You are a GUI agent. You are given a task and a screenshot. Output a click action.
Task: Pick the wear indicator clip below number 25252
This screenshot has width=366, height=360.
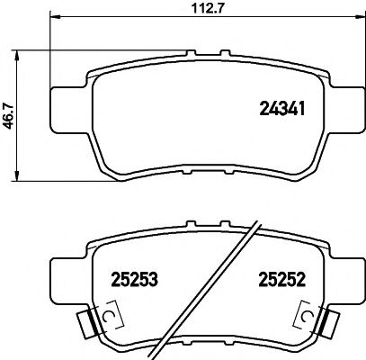coord(308,318)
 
